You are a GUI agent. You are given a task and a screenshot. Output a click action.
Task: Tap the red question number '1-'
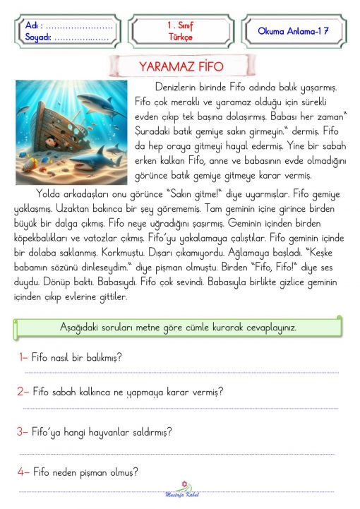(x=23, y=357)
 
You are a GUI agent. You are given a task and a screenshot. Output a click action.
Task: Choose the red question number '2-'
(x=23, y=391)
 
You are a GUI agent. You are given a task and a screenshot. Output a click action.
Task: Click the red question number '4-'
(x=23, y=472)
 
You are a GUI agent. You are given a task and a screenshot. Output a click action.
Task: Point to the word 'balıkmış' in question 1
(x=102, y=357)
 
